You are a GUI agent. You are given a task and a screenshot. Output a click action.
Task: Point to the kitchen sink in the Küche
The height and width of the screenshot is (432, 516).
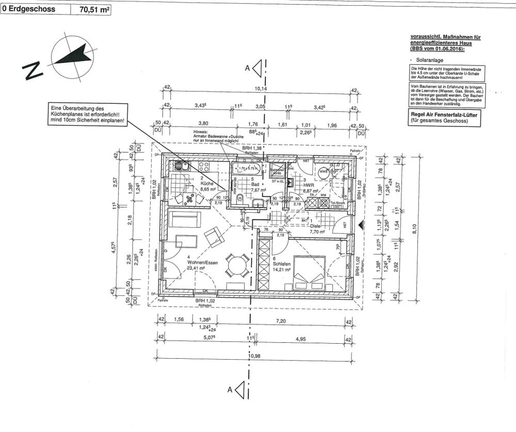click(180, 166)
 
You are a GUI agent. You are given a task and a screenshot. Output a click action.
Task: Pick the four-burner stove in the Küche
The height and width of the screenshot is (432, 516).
click(203, 167)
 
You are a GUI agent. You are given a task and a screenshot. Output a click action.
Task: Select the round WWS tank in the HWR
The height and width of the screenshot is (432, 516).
click(324, 172)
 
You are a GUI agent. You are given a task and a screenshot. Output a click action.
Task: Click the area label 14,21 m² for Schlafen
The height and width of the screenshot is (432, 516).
click(282, 269)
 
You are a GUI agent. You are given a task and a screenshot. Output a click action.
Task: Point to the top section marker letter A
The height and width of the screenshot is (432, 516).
click(247, 68)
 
